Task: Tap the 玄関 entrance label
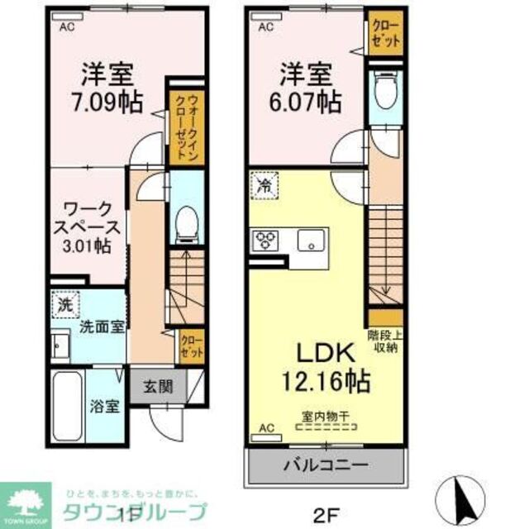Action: click(160, 386)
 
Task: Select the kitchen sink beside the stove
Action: click(312, 241)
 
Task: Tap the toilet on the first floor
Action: click(186, 221)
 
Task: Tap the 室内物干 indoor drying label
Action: click(325, 418)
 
